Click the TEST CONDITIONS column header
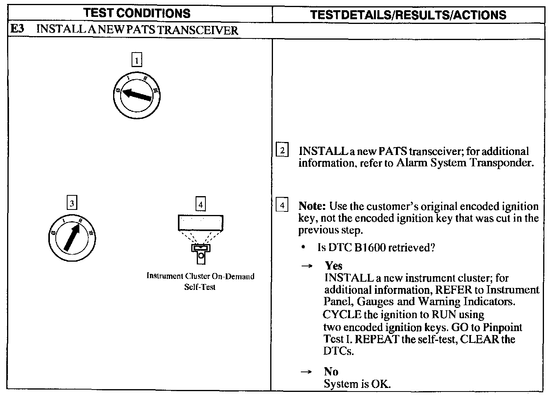137,13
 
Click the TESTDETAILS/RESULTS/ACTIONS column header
408,15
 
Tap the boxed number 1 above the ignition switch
136,60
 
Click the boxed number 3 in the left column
71,203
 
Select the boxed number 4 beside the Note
282,205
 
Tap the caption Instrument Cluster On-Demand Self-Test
200,281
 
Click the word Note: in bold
312,206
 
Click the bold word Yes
333,266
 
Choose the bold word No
331,371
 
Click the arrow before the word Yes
306,266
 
